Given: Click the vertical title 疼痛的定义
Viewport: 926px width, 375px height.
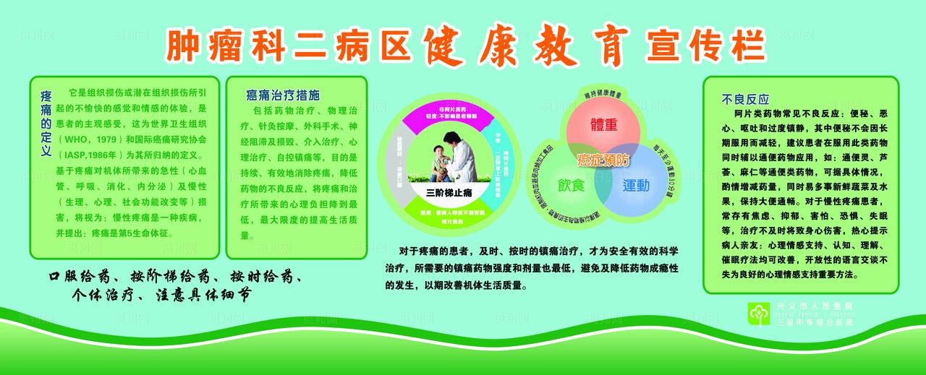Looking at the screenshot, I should pos(46,124).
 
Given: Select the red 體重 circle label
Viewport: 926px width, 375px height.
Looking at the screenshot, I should pos(603,124).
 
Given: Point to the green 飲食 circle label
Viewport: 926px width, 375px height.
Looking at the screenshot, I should pos(570,185).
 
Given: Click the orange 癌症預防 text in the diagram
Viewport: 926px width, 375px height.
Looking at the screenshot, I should pos(603,157).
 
